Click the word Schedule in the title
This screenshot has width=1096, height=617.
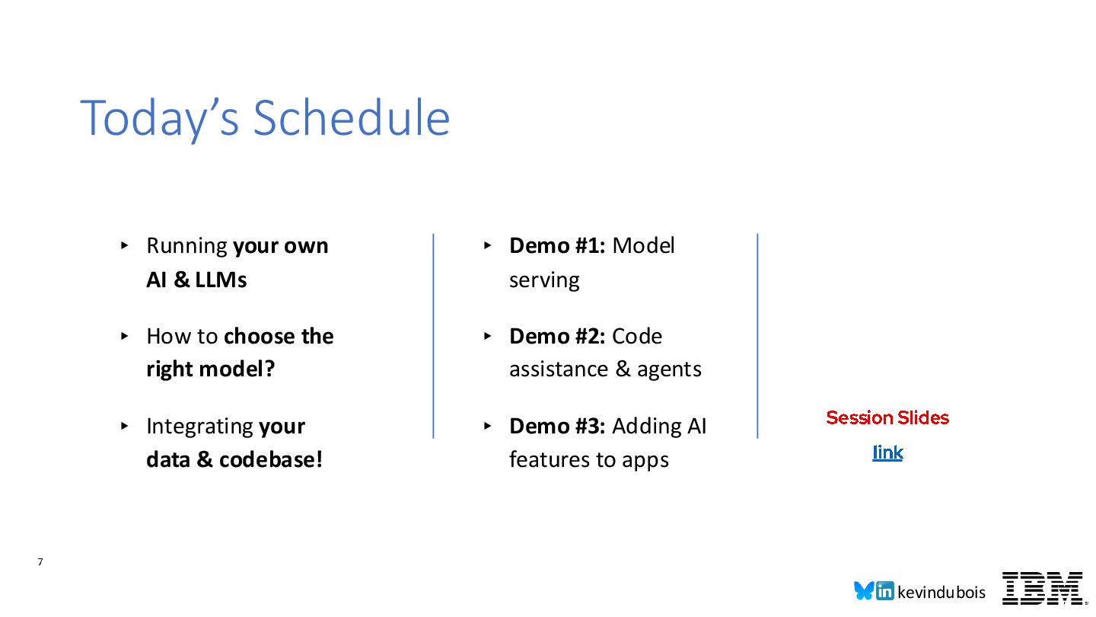click(352, 118)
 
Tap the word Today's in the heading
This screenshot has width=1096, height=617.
click(160, 120)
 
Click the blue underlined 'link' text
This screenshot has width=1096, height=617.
click(887, 452)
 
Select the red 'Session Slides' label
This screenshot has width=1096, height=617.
click(887, 417)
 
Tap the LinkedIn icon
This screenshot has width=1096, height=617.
click(884, 591)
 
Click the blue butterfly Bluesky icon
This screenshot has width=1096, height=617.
click(864, 590)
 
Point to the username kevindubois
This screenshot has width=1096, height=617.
click(941, 593)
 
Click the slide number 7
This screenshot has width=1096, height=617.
click(40, 562)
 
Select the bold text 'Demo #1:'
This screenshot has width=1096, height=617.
click(557, 246)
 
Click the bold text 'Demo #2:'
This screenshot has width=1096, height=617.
click(557, 337)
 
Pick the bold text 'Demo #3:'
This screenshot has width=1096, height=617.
click(557, 426)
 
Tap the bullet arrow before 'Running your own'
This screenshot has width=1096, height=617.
click(124, 245)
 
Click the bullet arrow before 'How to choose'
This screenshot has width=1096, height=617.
click(124, 336)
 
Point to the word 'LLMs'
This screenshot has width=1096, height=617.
click(221, 280)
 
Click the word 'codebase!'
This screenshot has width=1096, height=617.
click(271, 460)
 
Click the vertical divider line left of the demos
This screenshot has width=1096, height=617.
click(434, 336)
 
